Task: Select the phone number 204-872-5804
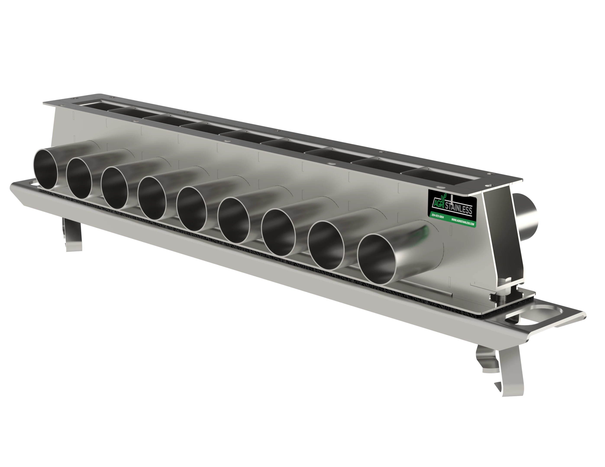pyautogui.click(x=438, y=216)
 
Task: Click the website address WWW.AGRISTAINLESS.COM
pyautogui.click(x=463, y=222)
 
